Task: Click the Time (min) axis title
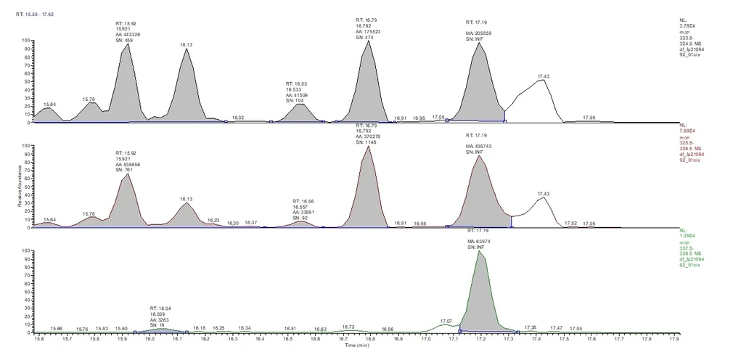360,345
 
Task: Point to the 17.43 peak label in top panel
544,76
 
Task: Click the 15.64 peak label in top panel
50,105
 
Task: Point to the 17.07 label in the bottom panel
446,320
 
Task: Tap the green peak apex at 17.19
478,251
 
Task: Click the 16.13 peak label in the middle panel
187,199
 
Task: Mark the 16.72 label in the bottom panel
348,327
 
